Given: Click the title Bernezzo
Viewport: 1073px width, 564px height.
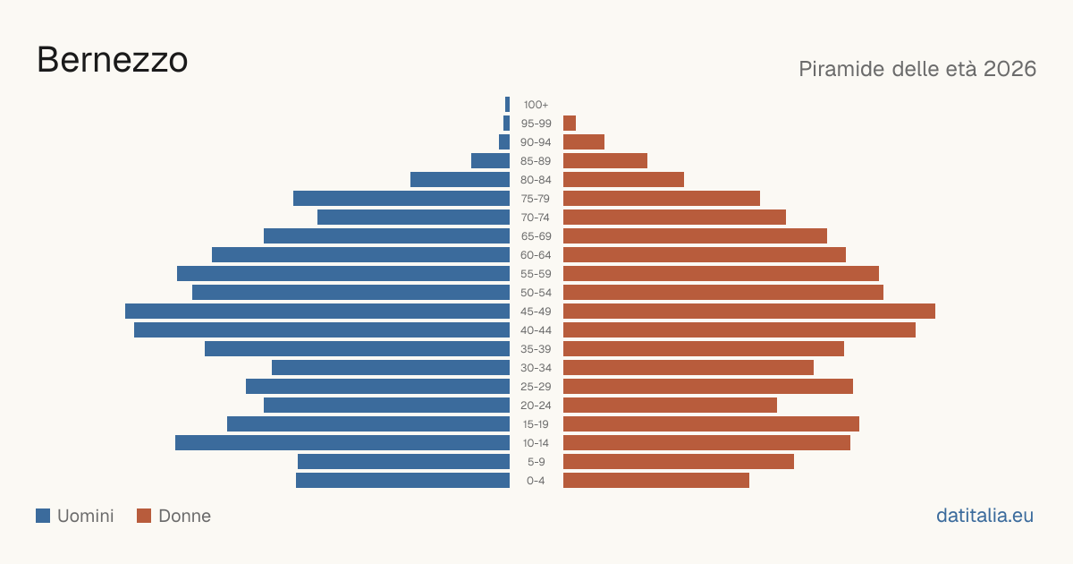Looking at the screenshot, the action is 113,60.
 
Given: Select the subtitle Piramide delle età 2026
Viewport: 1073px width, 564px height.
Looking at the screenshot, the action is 917,69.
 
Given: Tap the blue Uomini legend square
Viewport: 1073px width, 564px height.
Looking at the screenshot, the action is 43,516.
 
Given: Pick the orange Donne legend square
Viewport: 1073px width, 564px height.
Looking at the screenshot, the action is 144,516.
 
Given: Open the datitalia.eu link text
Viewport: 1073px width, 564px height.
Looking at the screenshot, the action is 984,516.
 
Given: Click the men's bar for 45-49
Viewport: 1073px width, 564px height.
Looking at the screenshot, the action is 317,312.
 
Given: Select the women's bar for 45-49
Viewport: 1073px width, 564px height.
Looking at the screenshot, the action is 749,312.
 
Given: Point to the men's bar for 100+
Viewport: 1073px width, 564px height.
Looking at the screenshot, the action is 507,105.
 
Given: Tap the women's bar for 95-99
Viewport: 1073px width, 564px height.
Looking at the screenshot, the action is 570,124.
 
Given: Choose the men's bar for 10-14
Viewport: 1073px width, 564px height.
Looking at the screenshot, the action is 342,442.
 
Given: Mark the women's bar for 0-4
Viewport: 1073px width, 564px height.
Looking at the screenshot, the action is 656,481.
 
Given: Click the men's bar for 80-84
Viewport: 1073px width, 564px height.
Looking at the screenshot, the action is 460,180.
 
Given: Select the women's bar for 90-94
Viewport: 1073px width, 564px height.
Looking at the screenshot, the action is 584,142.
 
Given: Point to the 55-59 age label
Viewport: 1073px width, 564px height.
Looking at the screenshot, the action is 536,274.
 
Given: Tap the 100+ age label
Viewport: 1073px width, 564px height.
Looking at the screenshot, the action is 536,105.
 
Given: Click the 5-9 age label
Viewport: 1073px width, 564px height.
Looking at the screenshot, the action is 536,462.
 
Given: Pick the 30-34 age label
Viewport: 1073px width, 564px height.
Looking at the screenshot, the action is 536,368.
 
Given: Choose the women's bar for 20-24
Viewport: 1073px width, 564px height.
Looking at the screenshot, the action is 670,406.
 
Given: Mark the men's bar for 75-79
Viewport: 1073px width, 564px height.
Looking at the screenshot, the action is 401,199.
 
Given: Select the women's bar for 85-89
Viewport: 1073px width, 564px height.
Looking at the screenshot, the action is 605,160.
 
